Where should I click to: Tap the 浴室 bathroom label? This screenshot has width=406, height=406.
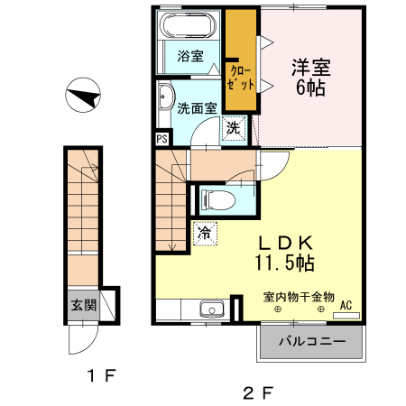tap(189, 56)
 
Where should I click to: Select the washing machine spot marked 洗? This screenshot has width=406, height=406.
tap(233, 128)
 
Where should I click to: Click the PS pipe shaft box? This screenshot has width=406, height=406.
tap(162, 139)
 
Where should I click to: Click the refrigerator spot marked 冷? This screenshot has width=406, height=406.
tap(203, 233)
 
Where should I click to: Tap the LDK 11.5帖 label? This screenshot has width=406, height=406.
tap(287, 253)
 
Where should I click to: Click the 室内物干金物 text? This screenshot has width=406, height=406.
tap(299, 296)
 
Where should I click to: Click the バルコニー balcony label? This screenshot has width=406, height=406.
tap(311, 342)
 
